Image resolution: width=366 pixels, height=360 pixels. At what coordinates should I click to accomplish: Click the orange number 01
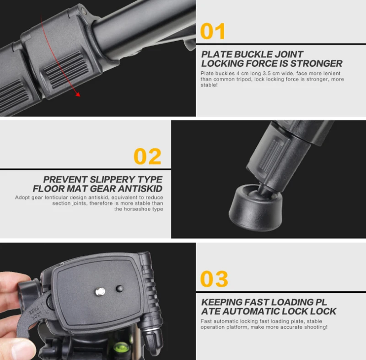click(x=213, y=31)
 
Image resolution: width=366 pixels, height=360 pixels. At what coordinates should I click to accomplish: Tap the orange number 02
click(x=147, y=156)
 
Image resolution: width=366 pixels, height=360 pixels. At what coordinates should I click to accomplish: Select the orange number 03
click(x=214, y=279)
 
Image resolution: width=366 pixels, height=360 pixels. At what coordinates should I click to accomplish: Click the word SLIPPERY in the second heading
click(x=105, y=180)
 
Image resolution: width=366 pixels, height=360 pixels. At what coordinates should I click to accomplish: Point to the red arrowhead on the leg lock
click(x=78, y=94)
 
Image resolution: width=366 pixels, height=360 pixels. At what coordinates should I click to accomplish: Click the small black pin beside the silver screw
click(x=119, y=288)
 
